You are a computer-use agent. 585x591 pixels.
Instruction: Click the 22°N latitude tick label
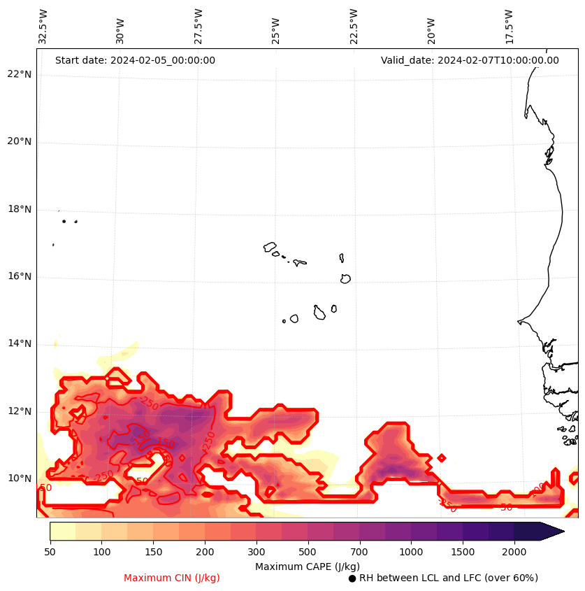coord(20,75)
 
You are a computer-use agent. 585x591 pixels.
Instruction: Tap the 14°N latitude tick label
coord(20,344)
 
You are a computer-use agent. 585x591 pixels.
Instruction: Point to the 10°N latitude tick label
coord(20,479)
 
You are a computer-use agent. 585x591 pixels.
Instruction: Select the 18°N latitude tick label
coord(20,210)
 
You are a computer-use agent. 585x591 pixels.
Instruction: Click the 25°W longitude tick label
coord(276,27)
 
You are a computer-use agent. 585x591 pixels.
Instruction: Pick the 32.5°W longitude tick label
coord(43,27)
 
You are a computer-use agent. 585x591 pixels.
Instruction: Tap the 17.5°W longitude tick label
coord(509,27)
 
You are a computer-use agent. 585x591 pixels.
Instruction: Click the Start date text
coord(135,61)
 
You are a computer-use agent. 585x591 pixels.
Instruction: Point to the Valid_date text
coord(470,61)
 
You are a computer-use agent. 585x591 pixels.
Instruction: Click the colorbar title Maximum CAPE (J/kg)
coord(308,566)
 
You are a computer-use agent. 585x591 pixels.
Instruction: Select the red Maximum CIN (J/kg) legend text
coord(172,578)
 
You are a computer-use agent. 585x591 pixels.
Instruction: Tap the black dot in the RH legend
coord(352,578)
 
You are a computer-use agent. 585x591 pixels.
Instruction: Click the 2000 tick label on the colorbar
coord(514,553)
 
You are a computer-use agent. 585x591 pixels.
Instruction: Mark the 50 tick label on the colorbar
coord(50,553)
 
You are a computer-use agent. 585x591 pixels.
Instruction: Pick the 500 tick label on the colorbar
coord(308,553)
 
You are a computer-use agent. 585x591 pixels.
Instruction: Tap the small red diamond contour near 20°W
coord(441,458)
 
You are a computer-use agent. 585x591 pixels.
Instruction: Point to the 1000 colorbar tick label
coord(411,553)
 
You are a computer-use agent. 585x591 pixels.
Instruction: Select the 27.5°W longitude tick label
coord(198,27)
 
